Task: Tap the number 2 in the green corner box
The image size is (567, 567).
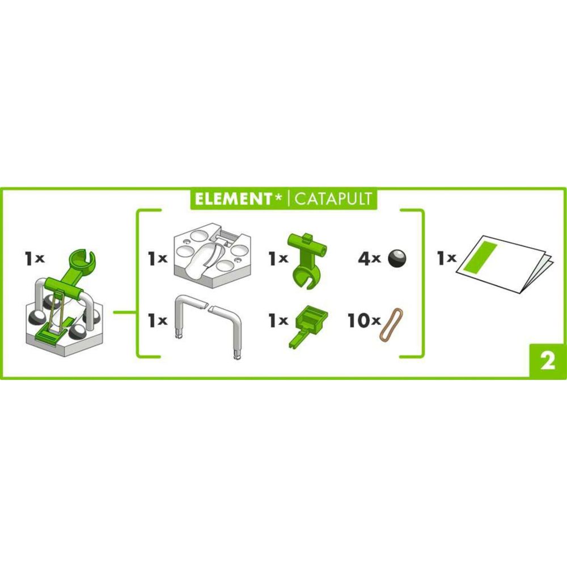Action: [547, 362]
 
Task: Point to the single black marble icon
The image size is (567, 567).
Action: [396, 258]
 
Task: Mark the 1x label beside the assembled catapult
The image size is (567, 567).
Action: [35, 259]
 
